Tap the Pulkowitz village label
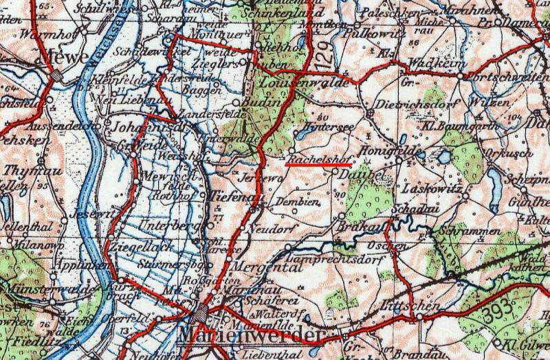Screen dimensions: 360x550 click(374, 31)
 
